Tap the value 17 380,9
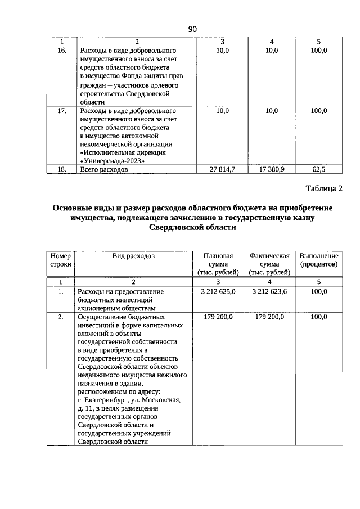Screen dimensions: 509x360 click(x=271, y=169)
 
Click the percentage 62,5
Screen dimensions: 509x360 click(x=318, y=169)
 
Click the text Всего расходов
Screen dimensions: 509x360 click(x=105, y=169)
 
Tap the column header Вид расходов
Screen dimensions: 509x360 click(x=133, y=256)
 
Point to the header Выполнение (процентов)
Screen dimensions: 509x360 click(x=318, y=260)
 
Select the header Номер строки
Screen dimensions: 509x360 click(x=61, y=260)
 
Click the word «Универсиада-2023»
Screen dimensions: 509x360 click(x=112, y=160)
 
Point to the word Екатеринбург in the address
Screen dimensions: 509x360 click(x=106, y=400)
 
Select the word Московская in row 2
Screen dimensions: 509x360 click(x=161, y=400)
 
